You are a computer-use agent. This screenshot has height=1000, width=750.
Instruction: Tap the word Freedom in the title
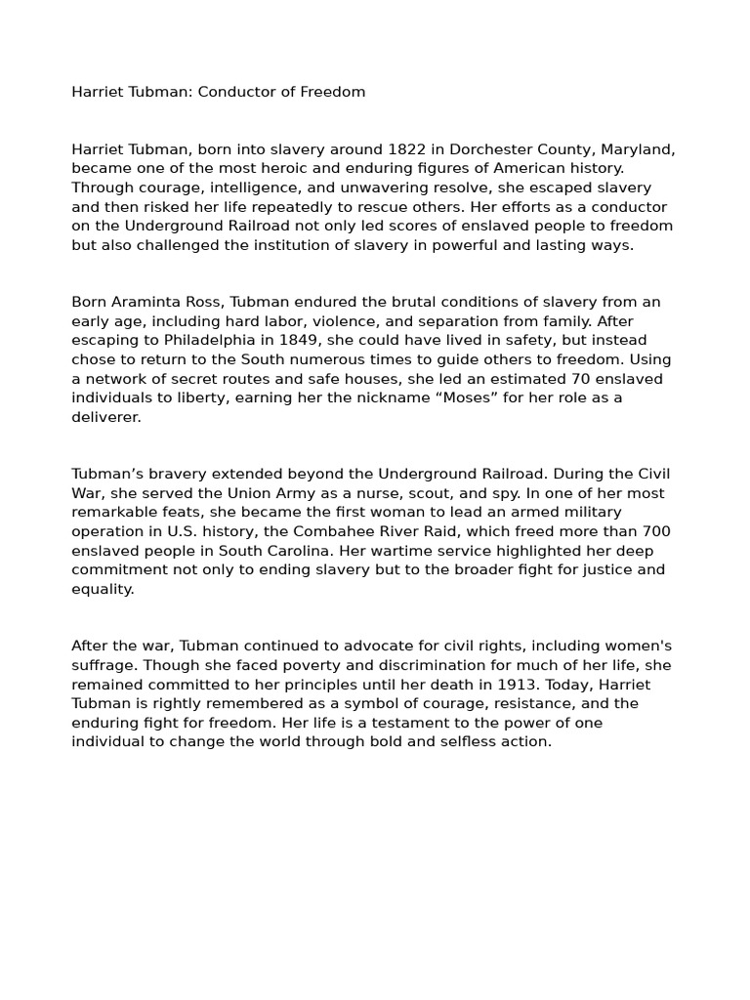coord(332,92)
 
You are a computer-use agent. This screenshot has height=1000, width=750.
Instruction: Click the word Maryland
coord(635,149)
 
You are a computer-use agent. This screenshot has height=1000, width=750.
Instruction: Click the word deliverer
coord(105,417)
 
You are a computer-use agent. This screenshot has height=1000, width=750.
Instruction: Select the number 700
coord(655,531)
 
